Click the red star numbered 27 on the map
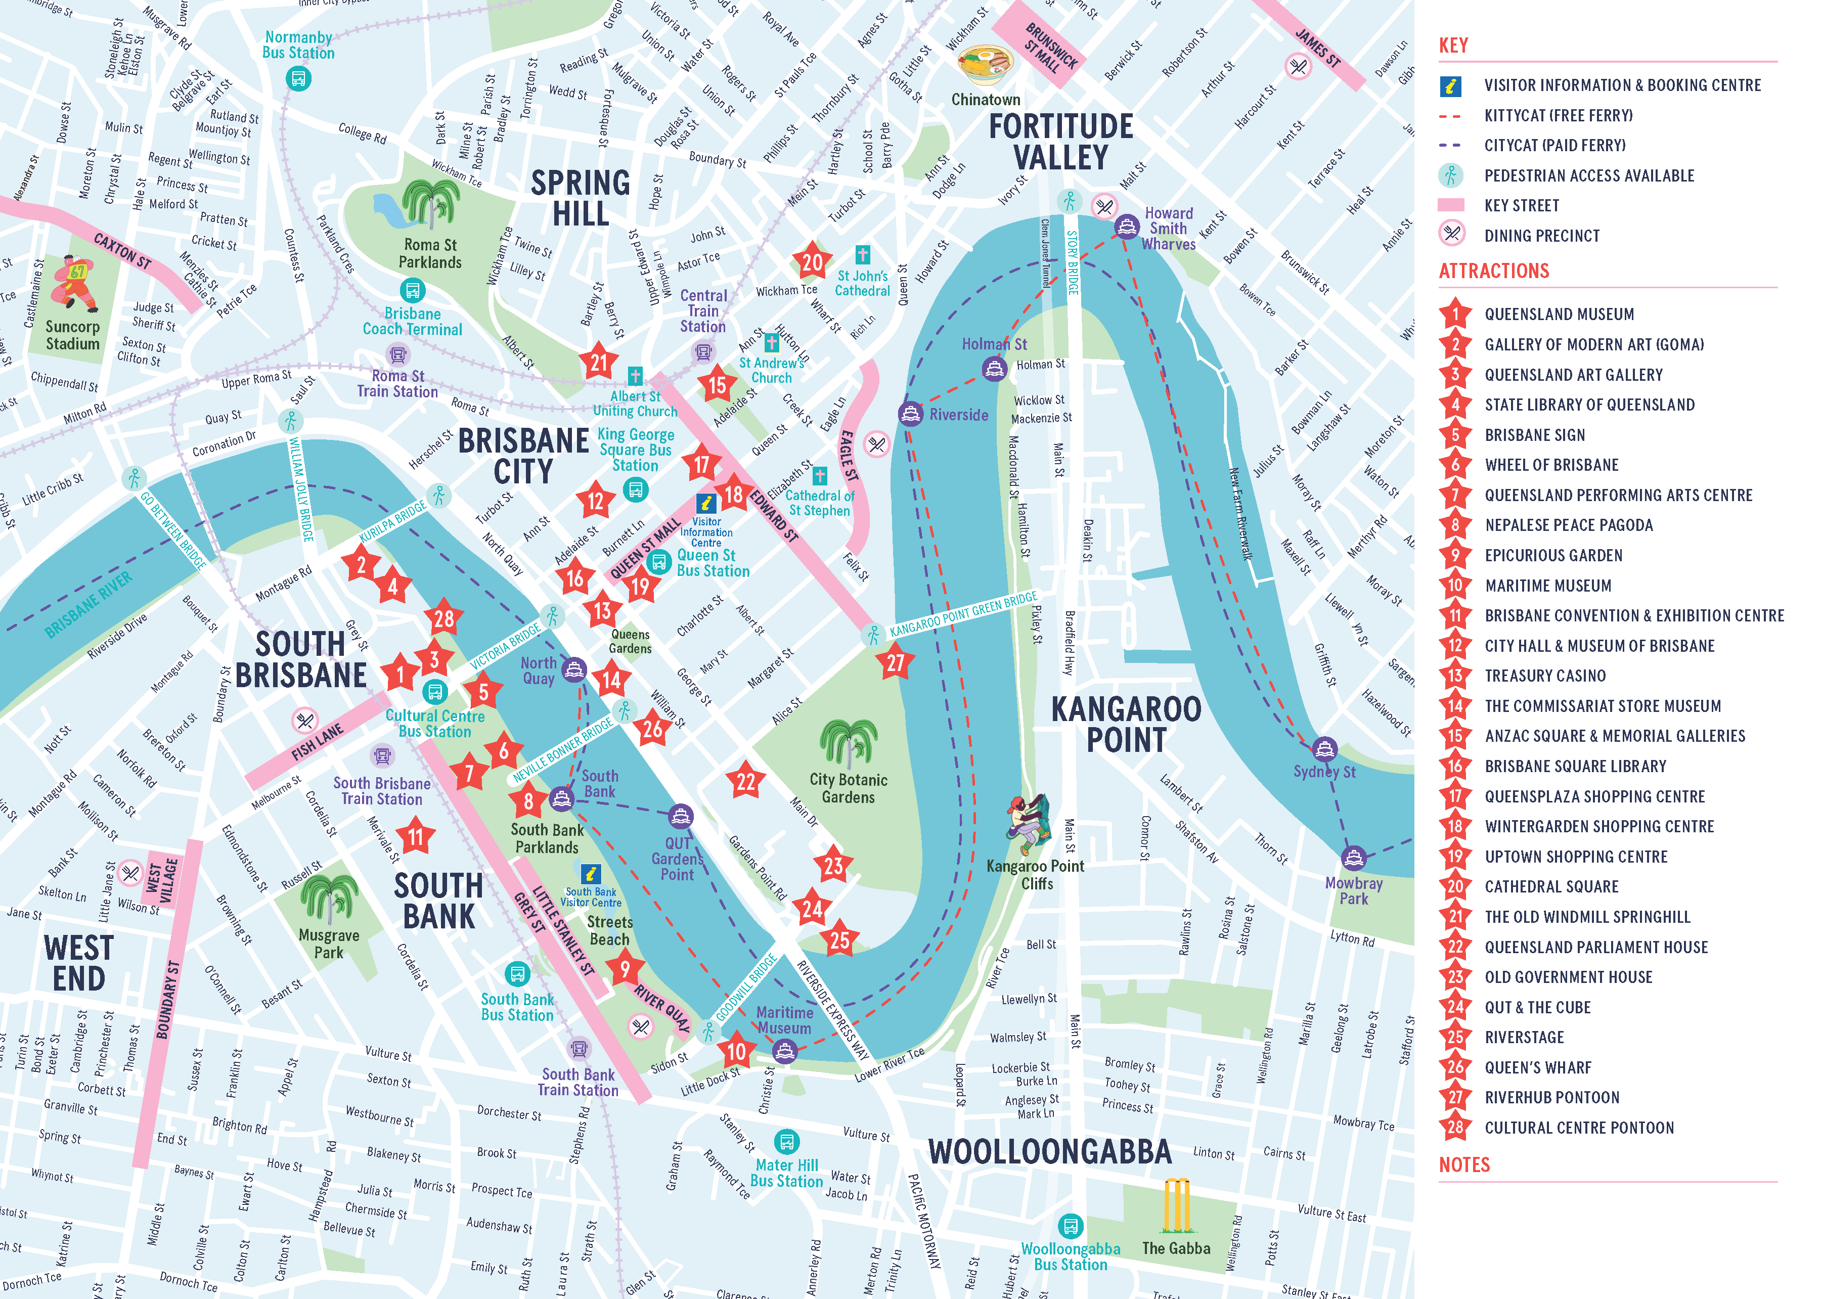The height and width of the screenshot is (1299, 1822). point(895,662)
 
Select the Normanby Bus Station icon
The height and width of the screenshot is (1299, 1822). point(298,78)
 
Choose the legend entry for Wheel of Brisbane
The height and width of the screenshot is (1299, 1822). point(1551,465)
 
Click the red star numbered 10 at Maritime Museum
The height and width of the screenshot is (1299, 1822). point(736,1052)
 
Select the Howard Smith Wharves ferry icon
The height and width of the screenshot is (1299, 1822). point(1127,227)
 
